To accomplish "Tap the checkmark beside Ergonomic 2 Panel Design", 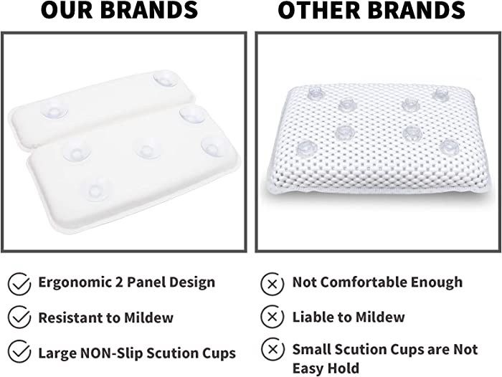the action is pyautogui.click(x=19, y=284).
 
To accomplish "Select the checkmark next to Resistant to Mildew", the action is pyautogui.click(x=19, y=318).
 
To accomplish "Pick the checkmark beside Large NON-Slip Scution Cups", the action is pyautogui.click(x=19, y=351).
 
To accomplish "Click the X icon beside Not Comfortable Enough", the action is pyautogui.click(x=273, y=284).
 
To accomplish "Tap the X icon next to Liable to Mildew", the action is pyautogui.click(x=273, y=317).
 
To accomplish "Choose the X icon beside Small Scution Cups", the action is pyautogui.click(x=273, y=349).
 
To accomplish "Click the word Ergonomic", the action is pyautogui.click(x=75, y=283).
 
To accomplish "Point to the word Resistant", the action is pyautogui.click(x=70, y=318).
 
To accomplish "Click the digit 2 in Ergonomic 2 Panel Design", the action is pyautogui.click(x=119, y=282).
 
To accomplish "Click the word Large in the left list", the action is pyautogui.click(x=57, y=354).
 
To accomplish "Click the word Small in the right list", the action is pyautogui.click(x=311, y=350).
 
